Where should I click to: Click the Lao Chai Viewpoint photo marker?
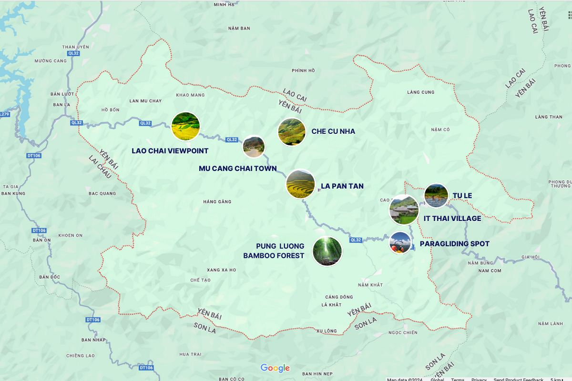[185, 126]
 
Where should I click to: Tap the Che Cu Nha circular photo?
[292, 131]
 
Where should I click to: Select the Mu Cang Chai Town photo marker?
[254, 147]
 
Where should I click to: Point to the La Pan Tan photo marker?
[300, 184]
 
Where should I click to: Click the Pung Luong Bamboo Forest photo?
[327, 251]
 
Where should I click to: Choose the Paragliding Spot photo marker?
[400, 243]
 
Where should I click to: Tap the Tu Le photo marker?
[436, 195]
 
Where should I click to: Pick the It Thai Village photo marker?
[404, 210]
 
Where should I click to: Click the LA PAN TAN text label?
[342, 186]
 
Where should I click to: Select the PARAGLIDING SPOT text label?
[454, 244]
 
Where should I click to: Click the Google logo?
[275, 368]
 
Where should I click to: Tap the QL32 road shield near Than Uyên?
[73, 53]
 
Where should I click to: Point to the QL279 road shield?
[4, 114]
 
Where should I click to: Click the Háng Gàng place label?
[217, 202]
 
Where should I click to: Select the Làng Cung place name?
[421, 92]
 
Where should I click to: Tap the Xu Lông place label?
[326, 331]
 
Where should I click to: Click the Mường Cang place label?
[51, 61]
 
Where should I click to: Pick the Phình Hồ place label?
[303, 70]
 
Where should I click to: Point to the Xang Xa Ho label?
[221, 270]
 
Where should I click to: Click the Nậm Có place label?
[440, 130]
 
